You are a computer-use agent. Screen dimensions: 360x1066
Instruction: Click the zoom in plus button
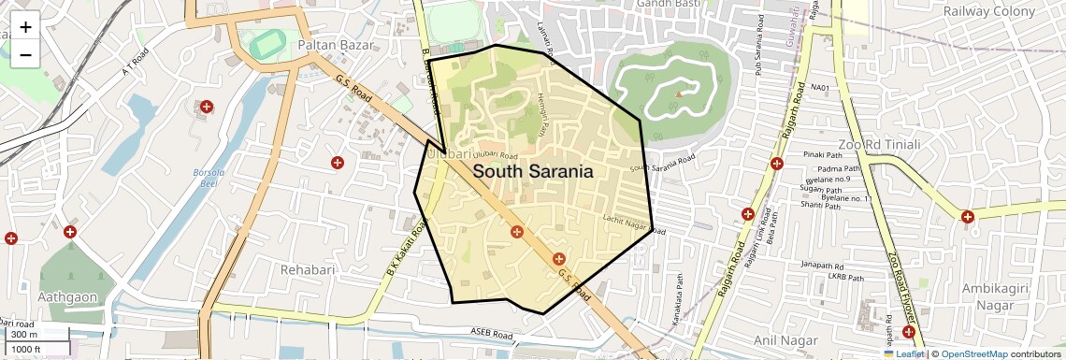(x=25, y=27)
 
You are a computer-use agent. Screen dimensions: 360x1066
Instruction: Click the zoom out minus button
(x=25, y=54)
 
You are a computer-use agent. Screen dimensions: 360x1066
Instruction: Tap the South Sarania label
(x=533, y=172)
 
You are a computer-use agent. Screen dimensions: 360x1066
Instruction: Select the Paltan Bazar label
(x=336, y=45)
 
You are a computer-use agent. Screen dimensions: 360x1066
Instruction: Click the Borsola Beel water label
(x=204, y=178)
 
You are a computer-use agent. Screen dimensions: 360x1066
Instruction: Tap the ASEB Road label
(x=492, y=332)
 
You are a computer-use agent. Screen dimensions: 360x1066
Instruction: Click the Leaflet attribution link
(x=903, y=353)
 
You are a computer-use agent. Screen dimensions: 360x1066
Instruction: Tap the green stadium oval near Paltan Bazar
(x=266, y=43)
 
